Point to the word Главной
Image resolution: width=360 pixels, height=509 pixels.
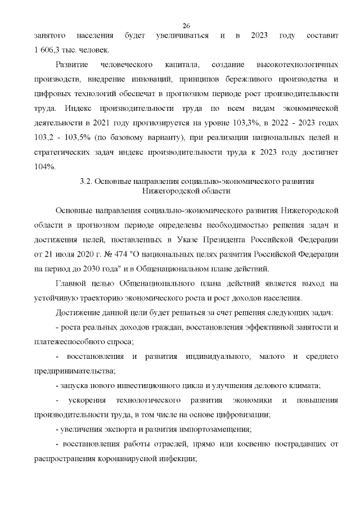coord(72,283)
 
